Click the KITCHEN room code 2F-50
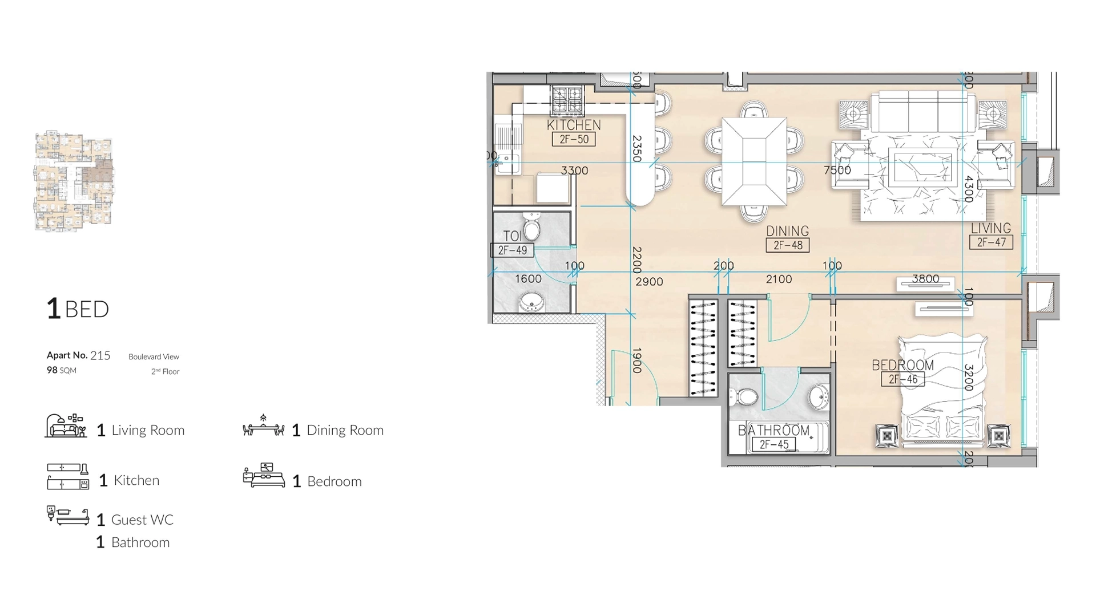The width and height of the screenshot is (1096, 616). click(574, 139)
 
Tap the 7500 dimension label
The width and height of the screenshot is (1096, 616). click(837, 170)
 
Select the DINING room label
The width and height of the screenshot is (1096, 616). click(787, 231)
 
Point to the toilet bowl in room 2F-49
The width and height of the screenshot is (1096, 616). click(532, 229)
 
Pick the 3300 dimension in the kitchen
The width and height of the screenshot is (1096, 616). click(574, 171)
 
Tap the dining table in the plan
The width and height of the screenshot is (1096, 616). click(753, 161)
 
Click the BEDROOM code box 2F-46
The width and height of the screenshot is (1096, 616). click(902, 379)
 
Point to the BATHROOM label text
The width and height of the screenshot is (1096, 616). click(773, 431)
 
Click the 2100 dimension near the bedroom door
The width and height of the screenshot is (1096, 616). click(779, 279)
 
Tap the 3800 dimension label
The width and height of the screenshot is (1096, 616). click(925, 279)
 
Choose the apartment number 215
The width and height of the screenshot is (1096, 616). click(100, 355)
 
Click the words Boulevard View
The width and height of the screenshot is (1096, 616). click(154, 356)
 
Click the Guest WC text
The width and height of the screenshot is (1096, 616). click(142, 520)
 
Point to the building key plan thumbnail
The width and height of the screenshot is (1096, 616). click(74, 181)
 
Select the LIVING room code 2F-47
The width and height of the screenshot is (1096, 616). click(991, 242)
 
